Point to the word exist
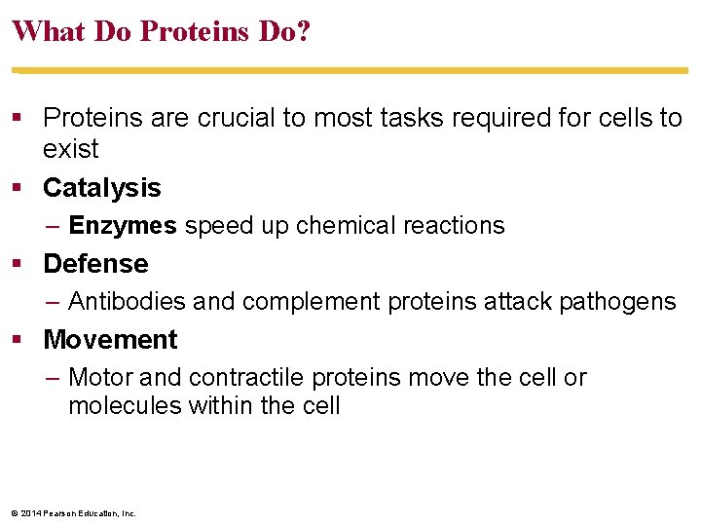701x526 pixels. tap(71, 149)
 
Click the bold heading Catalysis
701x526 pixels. tap(102, 187)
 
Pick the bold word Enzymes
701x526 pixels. tap(123, 226)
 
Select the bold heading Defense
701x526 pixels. tap(95, 264)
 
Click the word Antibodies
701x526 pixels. tap(128, 302)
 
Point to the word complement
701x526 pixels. tap(311, 302)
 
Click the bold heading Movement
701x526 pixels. tap(110, 340)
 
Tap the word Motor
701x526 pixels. tap(99, 378)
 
